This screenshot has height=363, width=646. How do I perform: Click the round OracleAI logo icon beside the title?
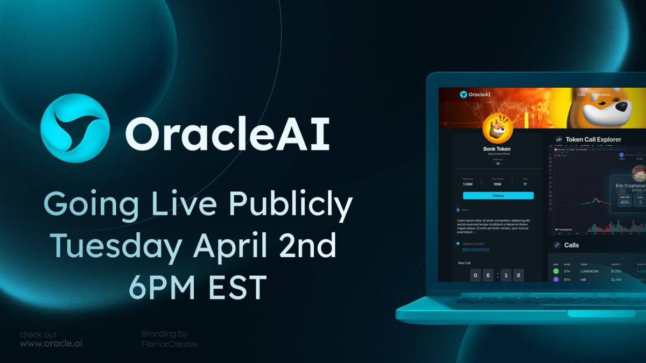(x=75, y=129)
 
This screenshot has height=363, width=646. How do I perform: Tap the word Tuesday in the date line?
(x=115, y=247)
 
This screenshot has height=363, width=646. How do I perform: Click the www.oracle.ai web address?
(x=51, y=344)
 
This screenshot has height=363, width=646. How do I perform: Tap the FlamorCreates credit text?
(x=169, y=344)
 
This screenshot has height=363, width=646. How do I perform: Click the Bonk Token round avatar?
(x=497, y=129)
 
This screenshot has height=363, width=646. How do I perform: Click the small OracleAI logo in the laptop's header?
(x=464, y=95)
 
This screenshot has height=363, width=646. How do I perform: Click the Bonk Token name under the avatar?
(x=497, y=149)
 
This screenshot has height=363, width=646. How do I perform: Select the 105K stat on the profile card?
(x=498, y=184)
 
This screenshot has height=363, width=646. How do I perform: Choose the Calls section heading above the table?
(x=571, y=245)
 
